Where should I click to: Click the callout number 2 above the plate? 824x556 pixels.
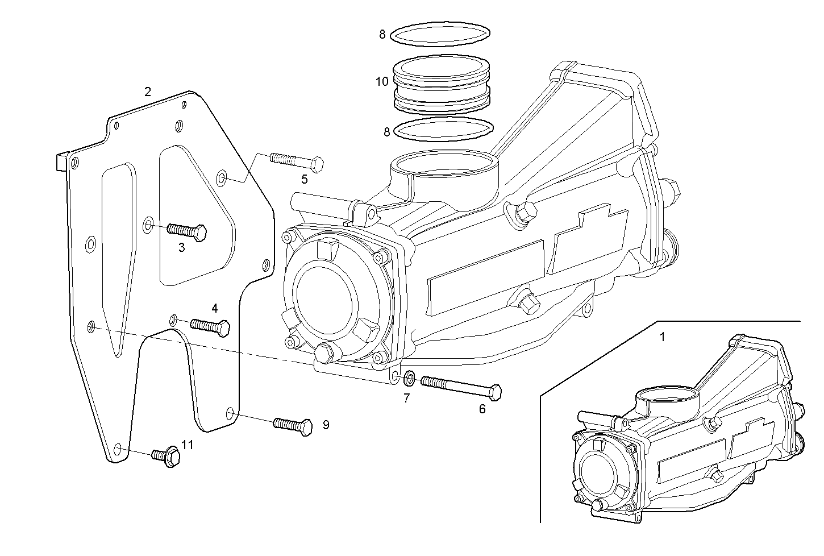[148, 92]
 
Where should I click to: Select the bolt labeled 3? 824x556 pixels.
[188, 231]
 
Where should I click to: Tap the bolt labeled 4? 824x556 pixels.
[210, 326]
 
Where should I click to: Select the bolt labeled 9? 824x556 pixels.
[293, 425]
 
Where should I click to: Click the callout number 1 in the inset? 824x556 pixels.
[661, 337]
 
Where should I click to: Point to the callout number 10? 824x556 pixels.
[382, 81]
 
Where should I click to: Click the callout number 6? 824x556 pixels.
[482, 409]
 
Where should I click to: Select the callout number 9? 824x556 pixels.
[326, 425]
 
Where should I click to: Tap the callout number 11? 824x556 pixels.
[187, 445]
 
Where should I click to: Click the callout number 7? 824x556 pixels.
[407, 399]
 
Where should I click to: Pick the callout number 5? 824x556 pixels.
[305, 180]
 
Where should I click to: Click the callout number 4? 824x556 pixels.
[214, 309]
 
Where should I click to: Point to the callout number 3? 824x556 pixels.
[181, 248]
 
